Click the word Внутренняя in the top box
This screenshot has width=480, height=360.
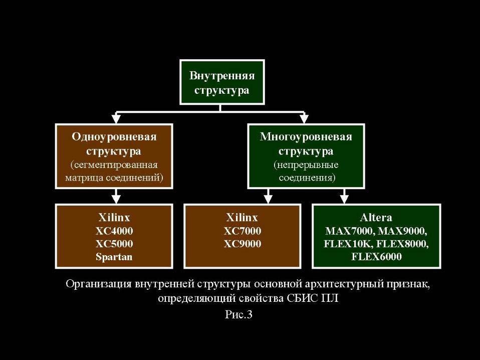222,75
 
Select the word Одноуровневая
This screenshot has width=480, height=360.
114,137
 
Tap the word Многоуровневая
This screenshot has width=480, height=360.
306,137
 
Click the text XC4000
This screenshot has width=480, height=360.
114,231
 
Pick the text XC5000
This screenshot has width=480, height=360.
114,244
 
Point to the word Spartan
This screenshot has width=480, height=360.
114,257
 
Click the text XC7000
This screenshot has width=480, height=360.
243,231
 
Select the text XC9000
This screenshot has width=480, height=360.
243,244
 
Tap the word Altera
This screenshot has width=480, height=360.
376,218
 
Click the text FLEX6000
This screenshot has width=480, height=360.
376,256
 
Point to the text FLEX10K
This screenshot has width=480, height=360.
348,244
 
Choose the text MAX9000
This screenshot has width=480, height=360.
402,231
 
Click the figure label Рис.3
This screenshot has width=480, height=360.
239,314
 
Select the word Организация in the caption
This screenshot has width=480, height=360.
98,284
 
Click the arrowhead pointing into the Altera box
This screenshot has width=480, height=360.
344,199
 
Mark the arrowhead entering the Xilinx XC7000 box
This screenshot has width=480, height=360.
268,199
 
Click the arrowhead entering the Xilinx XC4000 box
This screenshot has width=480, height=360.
116,199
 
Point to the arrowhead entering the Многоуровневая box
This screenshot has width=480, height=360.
304,118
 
